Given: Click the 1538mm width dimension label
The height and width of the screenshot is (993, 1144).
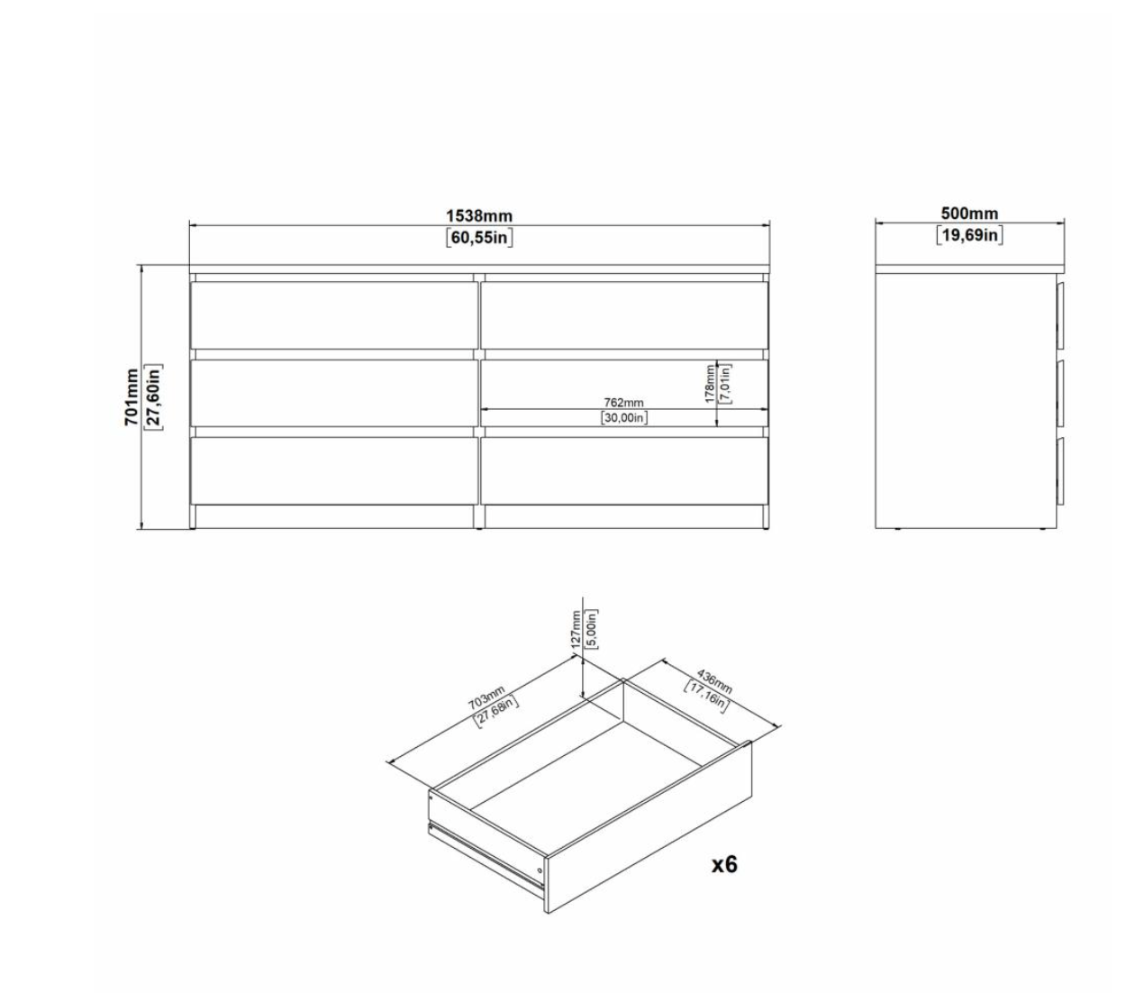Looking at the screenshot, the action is (x=478, y=215).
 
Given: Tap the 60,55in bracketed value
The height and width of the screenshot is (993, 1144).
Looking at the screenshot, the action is (x=479, y=237).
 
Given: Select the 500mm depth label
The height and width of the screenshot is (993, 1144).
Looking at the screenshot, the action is (x=969, y=213).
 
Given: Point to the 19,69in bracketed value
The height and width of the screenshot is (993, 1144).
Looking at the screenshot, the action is (x=969, y=235).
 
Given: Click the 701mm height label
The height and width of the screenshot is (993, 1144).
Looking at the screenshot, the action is (x=132, y=397).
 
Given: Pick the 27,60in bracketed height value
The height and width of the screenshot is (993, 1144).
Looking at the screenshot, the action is (x=153, y=397).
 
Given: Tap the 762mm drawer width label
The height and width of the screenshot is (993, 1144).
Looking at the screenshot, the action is (x=623, y=402).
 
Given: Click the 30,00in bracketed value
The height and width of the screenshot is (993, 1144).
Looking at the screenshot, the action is (x=624, y=418).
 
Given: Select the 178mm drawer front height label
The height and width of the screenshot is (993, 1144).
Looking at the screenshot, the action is (x=710, y=384).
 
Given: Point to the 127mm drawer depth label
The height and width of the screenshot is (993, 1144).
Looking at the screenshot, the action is (x=576, y=630).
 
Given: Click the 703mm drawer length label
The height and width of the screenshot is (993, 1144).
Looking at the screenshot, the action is (x=486, y=698).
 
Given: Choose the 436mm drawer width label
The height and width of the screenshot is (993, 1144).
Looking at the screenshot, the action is (x=714, y=682).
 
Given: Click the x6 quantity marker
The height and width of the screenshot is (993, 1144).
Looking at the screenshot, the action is (x=724, y=864).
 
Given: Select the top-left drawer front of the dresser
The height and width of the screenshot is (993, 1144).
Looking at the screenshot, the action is (x=334, y=315).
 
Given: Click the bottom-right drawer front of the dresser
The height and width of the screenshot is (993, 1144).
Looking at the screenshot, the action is (x=624, y=470).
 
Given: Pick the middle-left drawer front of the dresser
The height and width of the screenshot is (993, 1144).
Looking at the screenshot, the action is (x=334, y=393).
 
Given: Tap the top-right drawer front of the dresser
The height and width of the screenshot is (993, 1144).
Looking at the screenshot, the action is (x=624, y=315).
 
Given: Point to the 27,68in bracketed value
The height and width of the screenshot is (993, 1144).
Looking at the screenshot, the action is (x=496, y=711).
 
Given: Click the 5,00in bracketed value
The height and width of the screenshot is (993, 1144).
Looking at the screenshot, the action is (x=592, y=629).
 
